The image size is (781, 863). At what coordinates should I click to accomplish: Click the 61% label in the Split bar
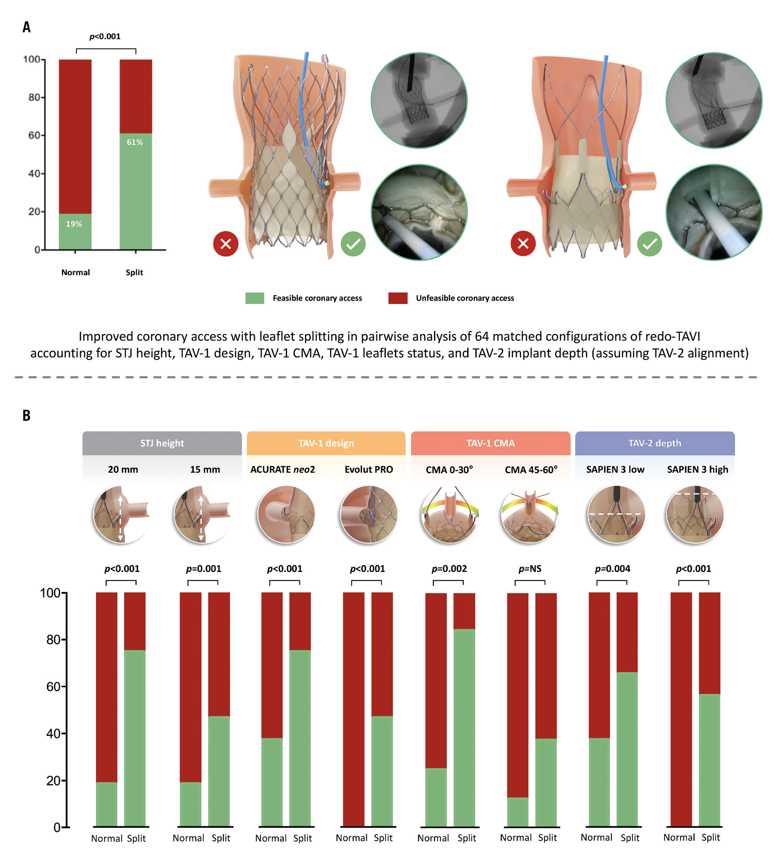tap(135, 142)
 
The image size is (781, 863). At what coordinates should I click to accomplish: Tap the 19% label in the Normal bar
tap(74, 224)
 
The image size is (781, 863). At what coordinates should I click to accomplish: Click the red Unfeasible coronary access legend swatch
tap(397, 298)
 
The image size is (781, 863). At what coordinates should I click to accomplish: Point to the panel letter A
tap(27, 27)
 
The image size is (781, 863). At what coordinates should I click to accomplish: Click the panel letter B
tap(27, 415)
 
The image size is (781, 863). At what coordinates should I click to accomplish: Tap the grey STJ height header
tap(162, 443)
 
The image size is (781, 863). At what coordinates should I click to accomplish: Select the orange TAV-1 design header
tap(326, 443)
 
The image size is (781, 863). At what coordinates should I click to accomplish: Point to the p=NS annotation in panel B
tap(530, 569)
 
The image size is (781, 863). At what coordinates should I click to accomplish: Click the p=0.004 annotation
tap(612, 569)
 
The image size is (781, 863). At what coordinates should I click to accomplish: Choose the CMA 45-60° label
tap(531, 470)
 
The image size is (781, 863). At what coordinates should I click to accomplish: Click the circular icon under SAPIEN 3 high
tap(694, 514)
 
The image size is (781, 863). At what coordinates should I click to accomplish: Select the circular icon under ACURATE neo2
tap(286, 514)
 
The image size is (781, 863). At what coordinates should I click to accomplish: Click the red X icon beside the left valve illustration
tap(226, 244)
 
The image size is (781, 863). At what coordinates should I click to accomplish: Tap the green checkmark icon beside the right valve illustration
tap(649, 244)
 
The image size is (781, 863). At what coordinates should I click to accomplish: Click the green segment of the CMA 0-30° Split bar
tap(464, 728)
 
